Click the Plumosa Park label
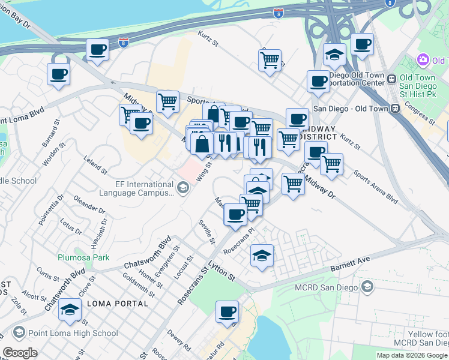83,257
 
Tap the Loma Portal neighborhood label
118,304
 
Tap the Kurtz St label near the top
212,40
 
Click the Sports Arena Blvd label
376,186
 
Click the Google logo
20,353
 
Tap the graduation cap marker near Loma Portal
70,310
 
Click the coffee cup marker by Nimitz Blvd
58,74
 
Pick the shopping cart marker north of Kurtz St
270,59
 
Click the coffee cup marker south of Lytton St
227,311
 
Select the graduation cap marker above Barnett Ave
262,256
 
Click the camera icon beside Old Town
423,60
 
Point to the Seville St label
207,232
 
